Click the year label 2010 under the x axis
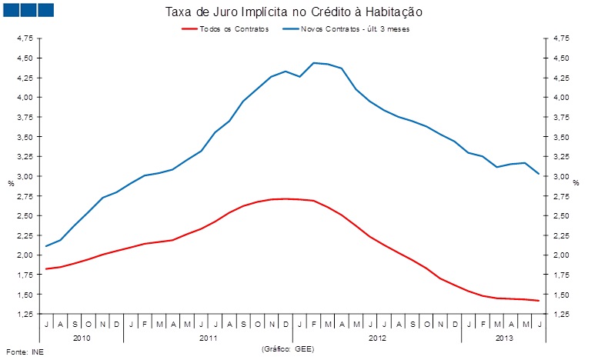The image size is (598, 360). click(x=82, y=338)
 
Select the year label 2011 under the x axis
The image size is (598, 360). click(x=208, y=338)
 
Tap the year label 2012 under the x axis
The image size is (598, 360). click(x=377, y=338)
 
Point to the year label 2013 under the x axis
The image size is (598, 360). click(x=503, y=338)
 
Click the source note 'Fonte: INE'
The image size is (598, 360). click(x=21, y=352)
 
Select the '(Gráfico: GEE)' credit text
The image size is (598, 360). click(x=289, y=348)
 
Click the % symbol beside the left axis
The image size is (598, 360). click(x=11, y=183)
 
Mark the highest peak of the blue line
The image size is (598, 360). click(x=314, y=62)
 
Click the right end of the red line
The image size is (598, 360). click(x=538, y=301)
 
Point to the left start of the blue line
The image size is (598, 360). click(x=47, y=246)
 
